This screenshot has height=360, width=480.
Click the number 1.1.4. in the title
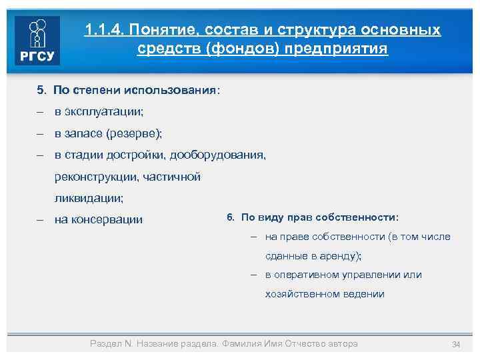pyautogui.click(x=104, y=30)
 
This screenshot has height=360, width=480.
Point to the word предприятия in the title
pyautogui.click(x=346, y=49)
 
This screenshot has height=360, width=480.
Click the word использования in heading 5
pyautogui.click(x=175, y=89)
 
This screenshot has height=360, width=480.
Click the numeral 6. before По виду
pyautogui.click(x=231, y=217)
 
